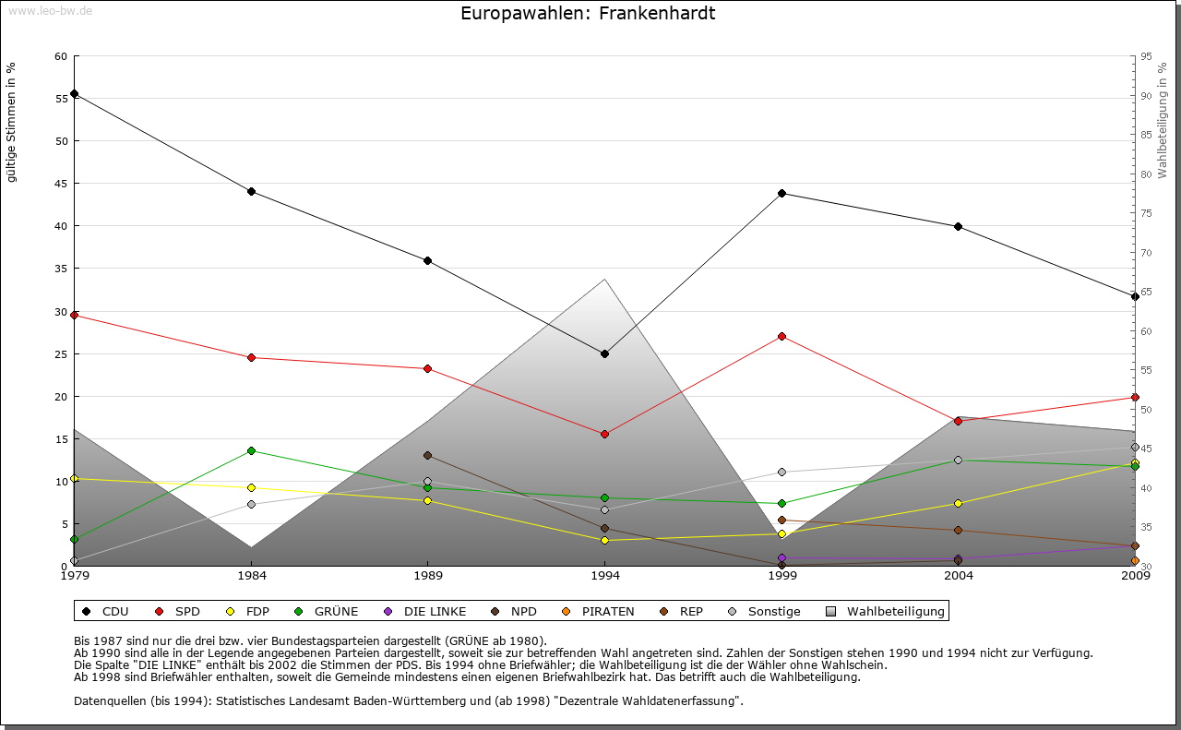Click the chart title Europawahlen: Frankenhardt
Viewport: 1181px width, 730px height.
click(x=588, y=14)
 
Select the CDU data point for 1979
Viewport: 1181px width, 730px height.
click(x=74, y=94)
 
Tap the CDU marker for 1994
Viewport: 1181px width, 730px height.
click(x=604, y=353)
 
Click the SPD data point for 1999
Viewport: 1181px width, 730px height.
click(x=781, y=336)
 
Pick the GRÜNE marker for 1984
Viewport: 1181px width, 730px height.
click(x=251, y=450)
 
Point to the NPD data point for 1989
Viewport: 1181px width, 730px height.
click(x=427, y=455)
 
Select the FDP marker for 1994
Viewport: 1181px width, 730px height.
click(x=604, y=540)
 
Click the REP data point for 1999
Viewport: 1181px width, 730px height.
click(x=781, y=521)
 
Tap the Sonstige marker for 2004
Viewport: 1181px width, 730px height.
click(x=958, y=460)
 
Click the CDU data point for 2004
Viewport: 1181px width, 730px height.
click(x=958, y=226)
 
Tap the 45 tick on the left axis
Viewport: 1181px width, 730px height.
click(x=62, y=184)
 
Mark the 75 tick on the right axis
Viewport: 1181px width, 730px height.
click(x=1145, y=213)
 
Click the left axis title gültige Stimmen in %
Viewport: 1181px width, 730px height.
click(x=12, y=122)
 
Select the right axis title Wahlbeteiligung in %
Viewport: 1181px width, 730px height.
click(x=1163, y=121)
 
